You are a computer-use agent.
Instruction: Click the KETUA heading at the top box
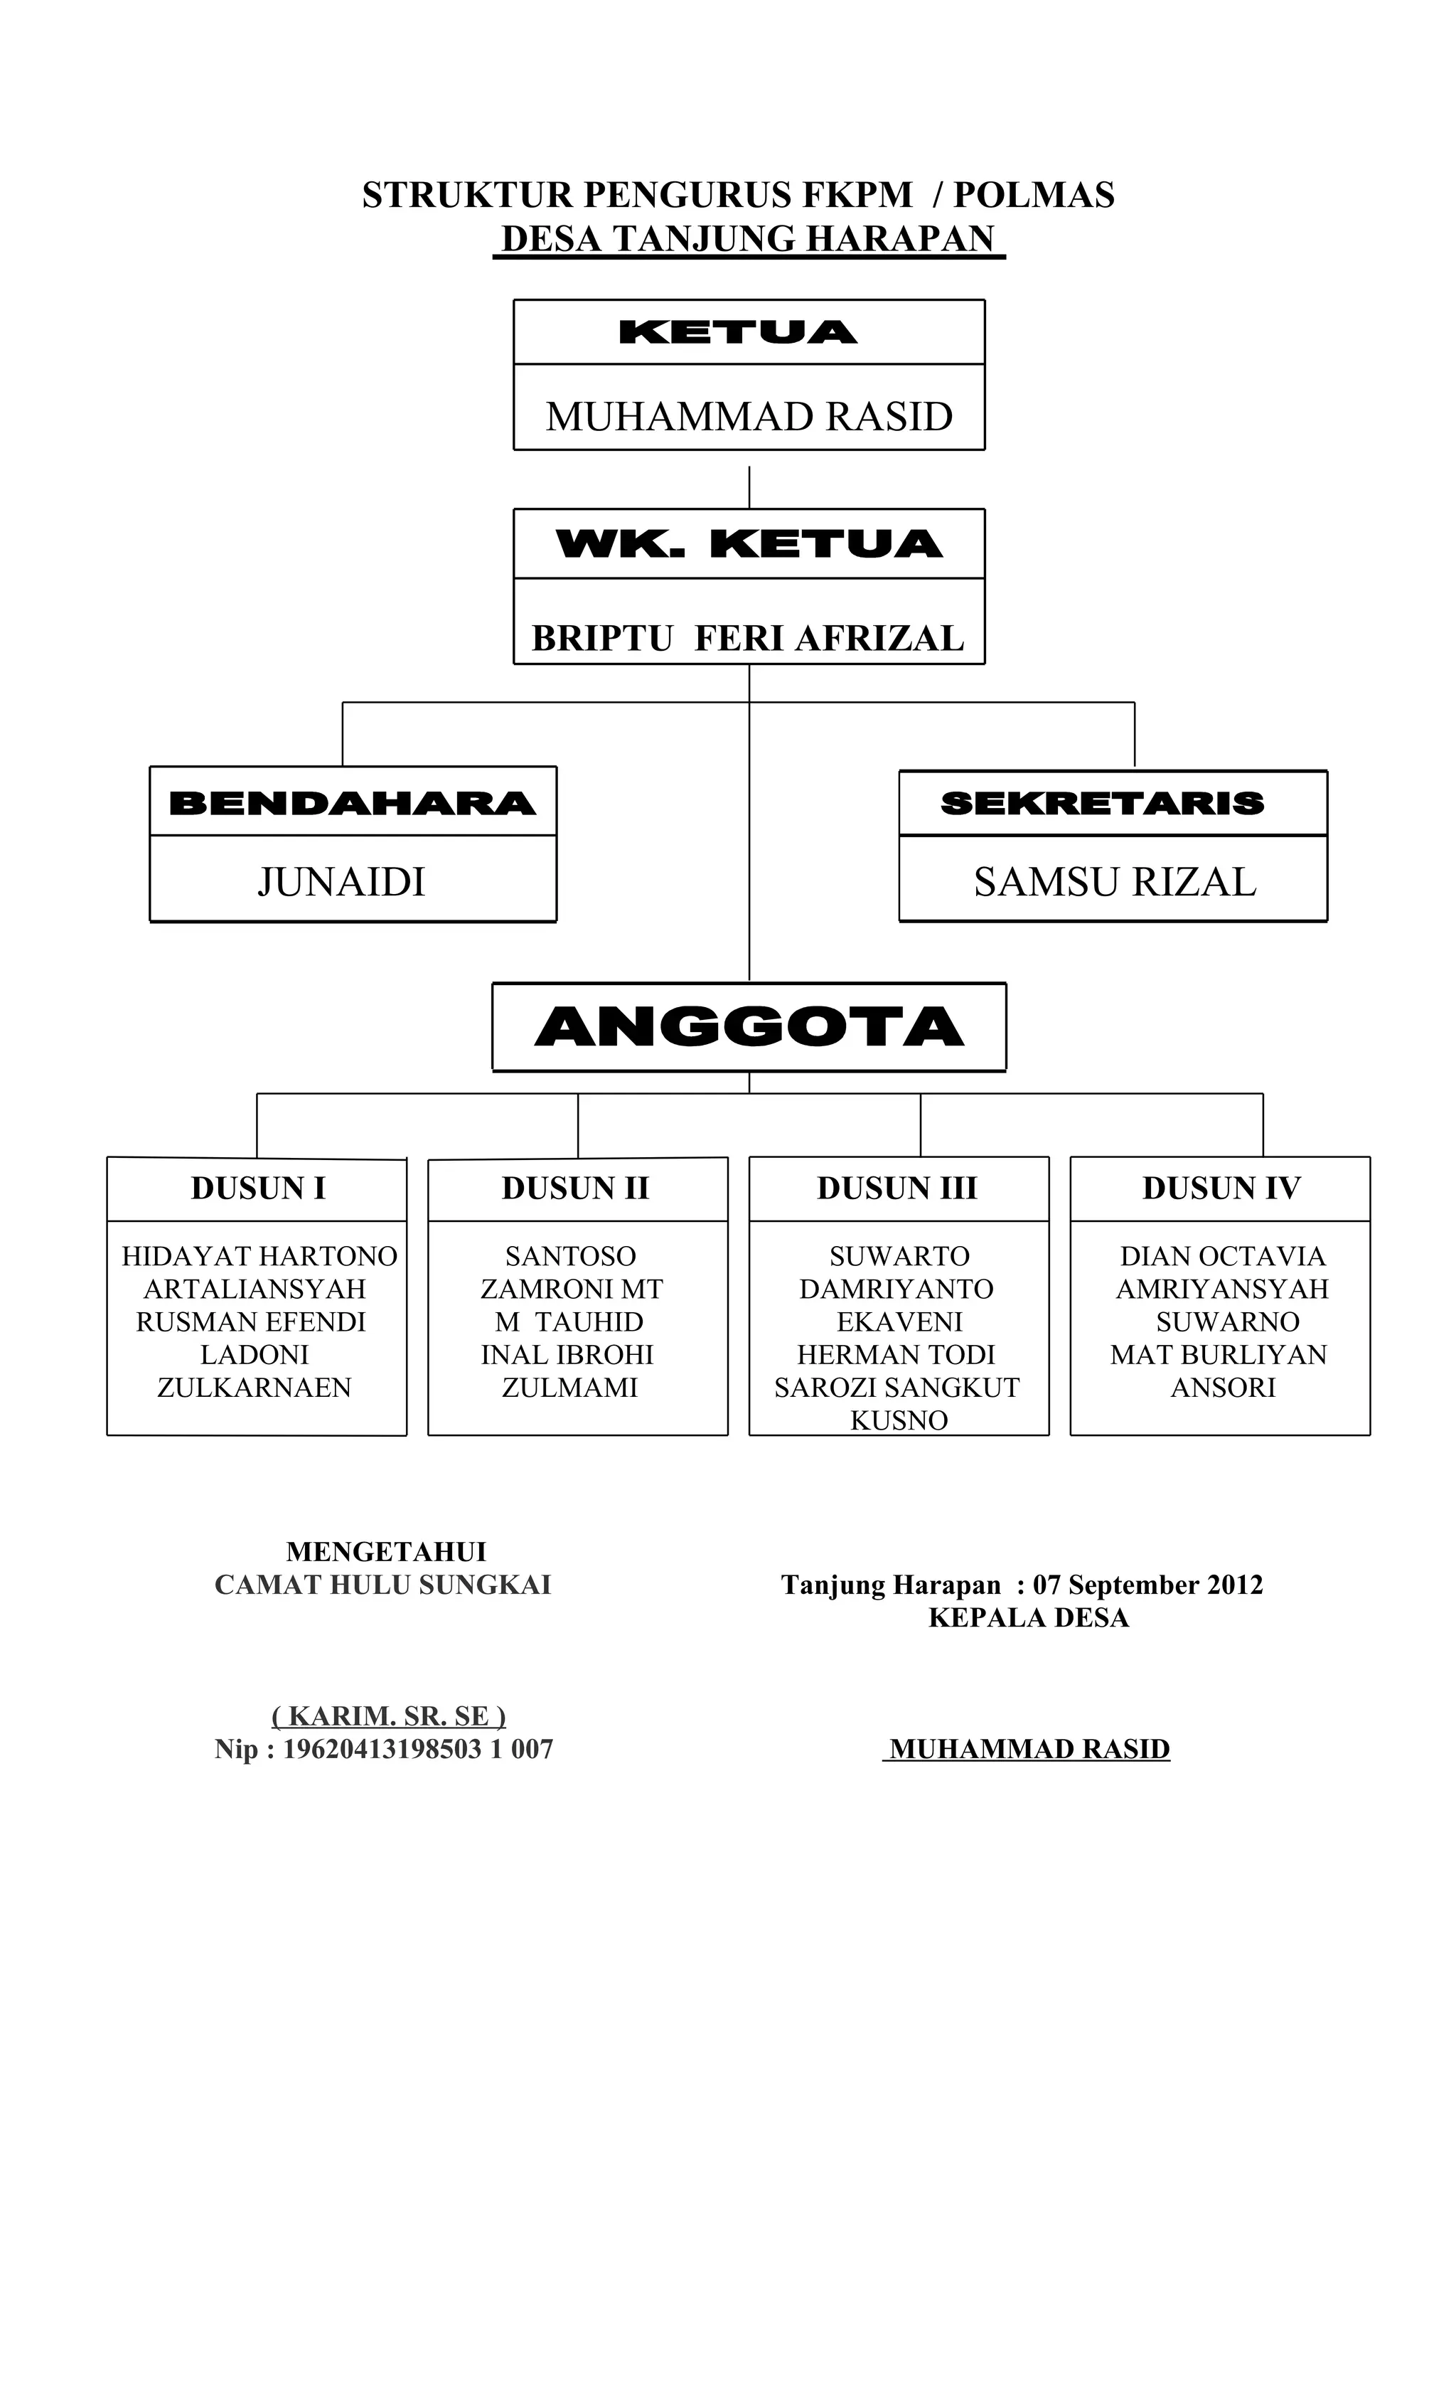coord(738,332)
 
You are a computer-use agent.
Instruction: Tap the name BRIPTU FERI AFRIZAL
coord(747,639)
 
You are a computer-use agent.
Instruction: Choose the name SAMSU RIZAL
coord(1114,882)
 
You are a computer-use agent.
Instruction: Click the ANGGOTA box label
coord(749,1027)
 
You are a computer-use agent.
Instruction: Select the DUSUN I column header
coord(258,1188)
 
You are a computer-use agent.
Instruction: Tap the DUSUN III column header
coord(896,1188)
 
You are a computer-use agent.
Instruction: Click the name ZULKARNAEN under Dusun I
coord(254,1388)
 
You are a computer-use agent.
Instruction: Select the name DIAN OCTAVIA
coord(1222,1256)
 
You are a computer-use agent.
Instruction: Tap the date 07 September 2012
coord(1147,1585)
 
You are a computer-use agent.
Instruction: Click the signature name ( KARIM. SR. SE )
coord(388,1716)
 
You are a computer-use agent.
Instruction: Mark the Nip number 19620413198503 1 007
coord(417,1749)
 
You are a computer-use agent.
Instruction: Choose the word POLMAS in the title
coord(1034,195)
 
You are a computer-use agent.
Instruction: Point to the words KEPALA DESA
coord(1028,1617)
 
